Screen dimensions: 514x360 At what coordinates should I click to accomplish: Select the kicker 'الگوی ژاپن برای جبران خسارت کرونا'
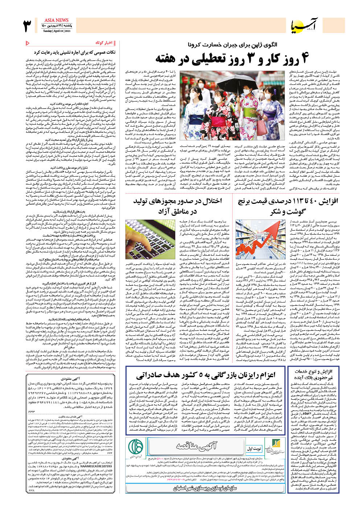tap(232, 45)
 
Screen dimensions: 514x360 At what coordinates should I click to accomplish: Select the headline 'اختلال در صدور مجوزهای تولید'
tap(178, 206)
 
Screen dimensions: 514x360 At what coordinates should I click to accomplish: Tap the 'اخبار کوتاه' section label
tap(104, 43)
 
